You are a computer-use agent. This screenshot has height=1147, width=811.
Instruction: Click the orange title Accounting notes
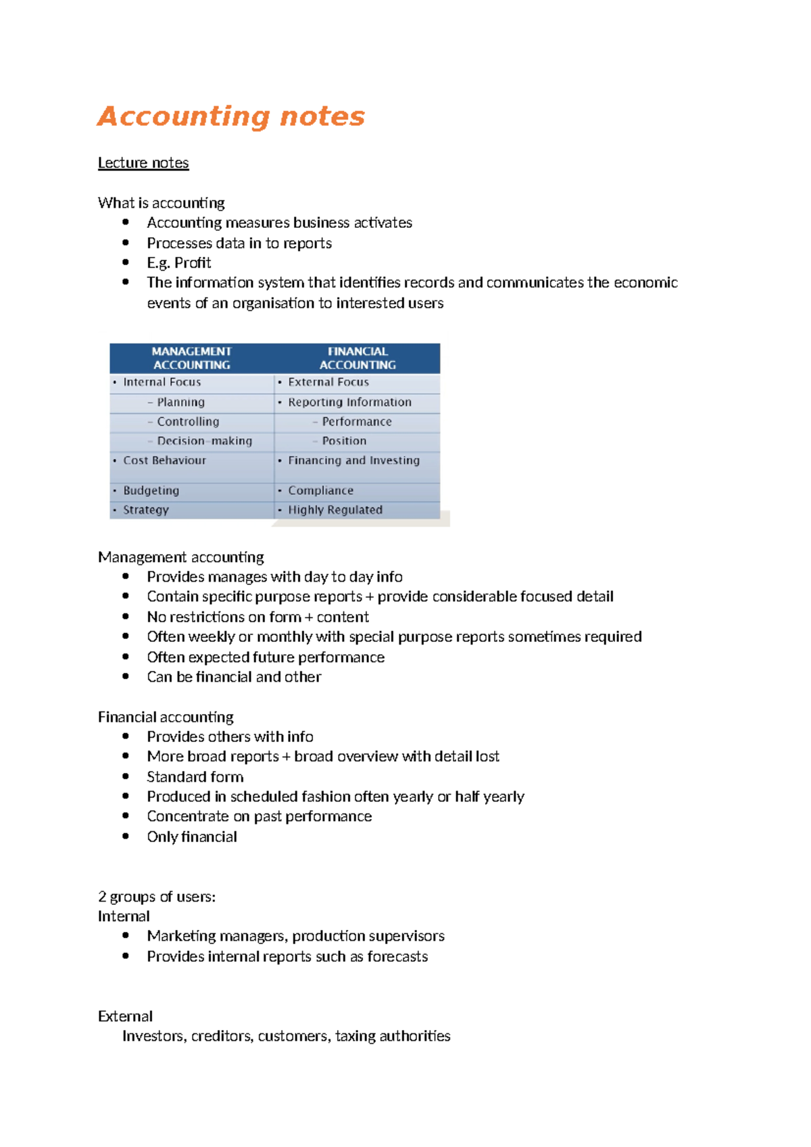click(231, 116)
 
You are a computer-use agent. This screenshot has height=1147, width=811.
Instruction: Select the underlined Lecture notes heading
click(143, 163)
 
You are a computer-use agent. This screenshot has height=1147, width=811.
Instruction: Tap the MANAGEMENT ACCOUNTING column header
click(191, 358)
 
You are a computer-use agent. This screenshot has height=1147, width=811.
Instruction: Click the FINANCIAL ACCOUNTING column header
click(358, 358)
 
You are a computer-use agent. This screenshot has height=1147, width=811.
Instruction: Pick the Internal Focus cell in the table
click(162, 382)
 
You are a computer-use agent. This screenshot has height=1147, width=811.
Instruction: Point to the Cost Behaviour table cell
click(164, 461)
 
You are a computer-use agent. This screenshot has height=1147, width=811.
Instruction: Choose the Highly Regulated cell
click(335, 510)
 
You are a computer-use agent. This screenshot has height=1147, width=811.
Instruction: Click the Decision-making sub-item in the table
click(204, 441)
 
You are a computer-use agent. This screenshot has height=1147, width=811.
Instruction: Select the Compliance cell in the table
click(320, 490)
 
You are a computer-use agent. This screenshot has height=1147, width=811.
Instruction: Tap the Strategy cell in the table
click(145, 510)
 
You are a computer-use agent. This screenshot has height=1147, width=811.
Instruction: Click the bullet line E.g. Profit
click(179, 263)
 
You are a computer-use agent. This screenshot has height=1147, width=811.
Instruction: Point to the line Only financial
click(192, 837)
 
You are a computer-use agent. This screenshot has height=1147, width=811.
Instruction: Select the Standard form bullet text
click(195, 777)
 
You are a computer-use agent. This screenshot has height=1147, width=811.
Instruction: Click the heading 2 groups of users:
click(157, 897)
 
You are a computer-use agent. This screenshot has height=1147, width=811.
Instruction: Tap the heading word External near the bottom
click(125, 1016)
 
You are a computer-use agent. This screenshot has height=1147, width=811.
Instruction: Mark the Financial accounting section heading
click(166, 717)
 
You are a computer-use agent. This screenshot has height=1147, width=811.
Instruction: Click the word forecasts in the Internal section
click(397, 957)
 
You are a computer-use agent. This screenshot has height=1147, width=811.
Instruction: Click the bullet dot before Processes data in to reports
click(126, 242)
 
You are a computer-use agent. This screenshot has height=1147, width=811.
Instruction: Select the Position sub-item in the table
click(344, 441)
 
